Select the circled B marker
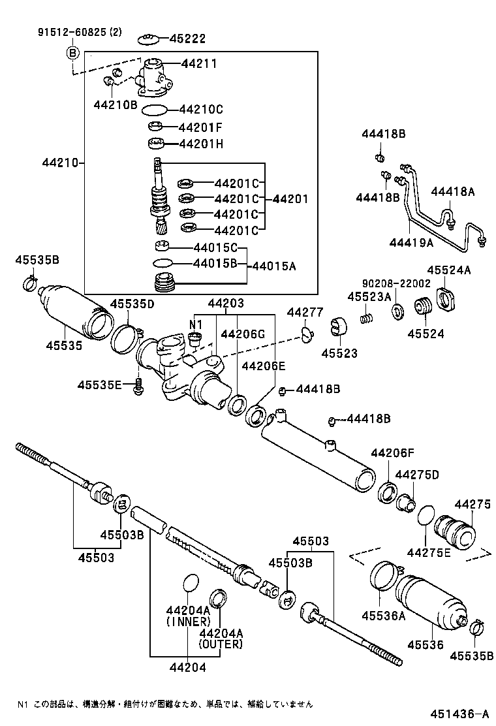[72, 53]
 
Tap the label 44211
[199, 64]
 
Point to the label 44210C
[201, 109]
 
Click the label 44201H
[201, 144]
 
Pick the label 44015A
[273, 266]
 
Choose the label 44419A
[412, 242]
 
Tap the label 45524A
[449, 270]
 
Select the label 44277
[305, 312]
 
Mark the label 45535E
[100, 385]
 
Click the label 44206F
[393, 452]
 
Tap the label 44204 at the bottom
[188, 667]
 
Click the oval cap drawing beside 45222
[148, 40]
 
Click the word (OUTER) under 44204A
[221, 644]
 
